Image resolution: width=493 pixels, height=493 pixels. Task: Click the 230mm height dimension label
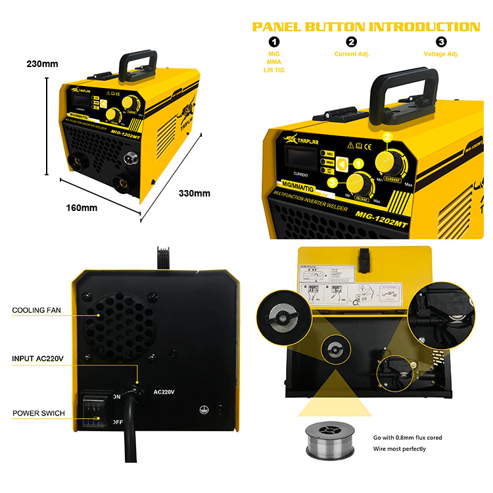pyautogui.click(x=42, y=64)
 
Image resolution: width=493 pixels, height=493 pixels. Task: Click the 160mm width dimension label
pyautogui.click(x=82, y=208)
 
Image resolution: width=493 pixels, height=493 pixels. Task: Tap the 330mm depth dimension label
pyautogui.click(x=195, y=193)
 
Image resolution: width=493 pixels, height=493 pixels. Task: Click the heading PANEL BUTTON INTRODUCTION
pyautogui.click(x=366, y=27)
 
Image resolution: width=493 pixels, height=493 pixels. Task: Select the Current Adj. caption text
pyautogui.click(x=352, y=54)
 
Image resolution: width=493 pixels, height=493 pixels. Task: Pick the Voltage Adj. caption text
pyautogui.click(x=441, y=54)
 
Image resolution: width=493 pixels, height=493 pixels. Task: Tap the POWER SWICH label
pyautogui.click(x=38, y=413)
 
